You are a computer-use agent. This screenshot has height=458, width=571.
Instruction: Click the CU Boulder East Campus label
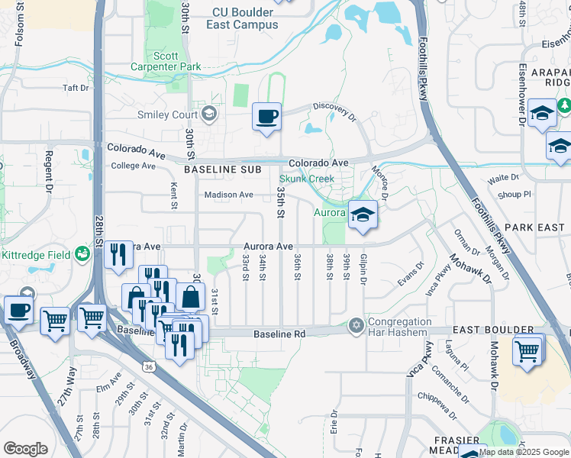tap(242, 18)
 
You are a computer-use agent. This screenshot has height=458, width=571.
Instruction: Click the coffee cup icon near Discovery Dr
tap(266, 117)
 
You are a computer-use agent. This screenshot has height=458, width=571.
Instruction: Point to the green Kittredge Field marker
tap(83, 255)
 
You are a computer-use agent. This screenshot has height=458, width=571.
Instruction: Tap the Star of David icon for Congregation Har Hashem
tap(355, 325)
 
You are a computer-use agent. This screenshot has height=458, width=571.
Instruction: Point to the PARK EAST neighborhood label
tap(534, 227)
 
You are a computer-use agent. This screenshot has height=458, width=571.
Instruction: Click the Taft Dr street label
tap(76, 88)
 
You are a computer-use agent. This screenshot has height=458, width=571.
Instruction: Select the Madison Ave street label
tap(227, 195)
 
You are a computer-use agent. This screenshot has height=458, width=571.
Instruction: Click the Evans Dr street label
tap(410, 276)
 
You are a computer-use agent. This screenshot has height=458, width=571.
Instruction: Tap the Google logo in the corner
tap(25, 449)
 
